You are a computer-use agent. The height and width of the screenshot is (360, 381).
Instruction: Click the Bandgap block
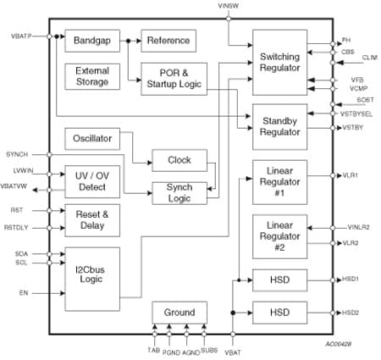93,40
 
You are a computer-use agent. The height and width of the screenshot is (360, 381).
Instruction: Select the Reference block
168,40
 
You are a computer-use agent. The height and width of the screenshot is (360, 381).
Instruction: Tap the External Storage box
92,76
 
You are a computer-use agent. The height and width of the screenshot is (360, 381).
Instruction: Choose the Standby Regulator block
279,126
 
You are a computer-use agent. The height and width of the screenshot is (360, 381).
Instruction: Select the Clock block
179,159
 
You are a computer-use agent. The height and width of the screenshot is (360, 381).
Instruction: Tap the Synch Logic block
179,192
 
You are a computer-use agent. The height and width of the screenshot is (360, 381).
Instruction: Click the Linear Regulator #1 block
279,180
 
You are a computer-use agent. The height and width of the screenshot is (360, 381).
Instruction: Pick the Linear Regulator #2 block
279,235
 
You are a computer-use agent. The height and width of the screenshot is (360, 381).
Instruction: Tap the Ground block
179,312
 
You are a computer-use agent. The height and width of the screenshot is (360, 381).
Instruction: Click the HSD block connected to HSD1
279,279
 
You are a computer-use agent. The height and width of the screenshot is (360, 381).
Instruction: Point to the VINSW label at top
229,6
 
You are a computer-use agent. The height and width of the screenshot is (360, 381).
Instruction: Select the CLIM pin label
370,57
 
